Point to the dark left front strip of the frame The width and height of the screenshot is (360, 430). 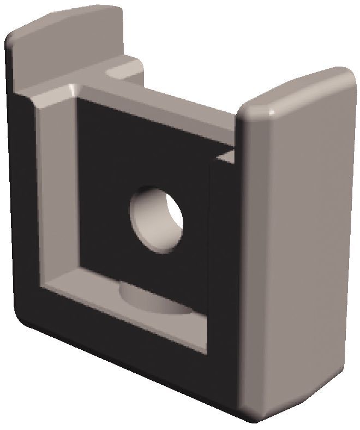25,207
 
